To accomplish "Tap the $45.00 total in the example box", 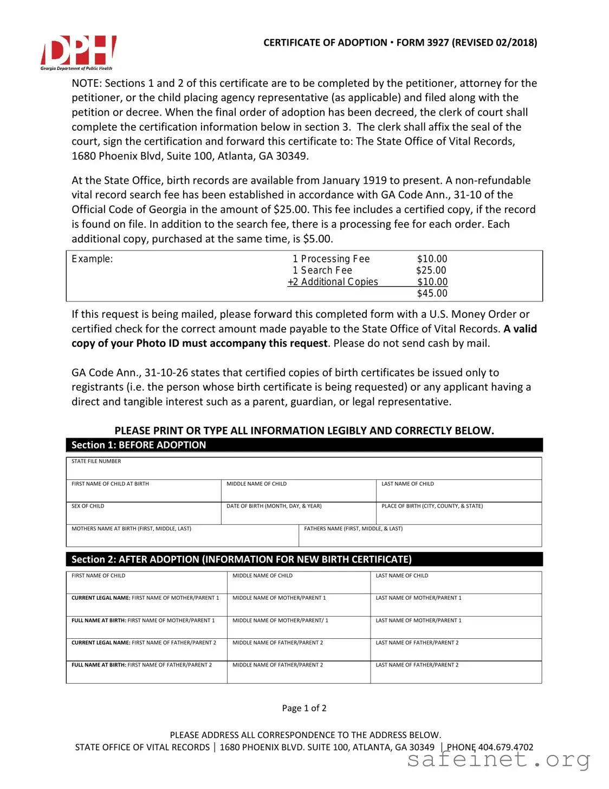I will point(432,293).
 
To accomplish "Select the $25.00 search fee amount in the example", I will point(431,270).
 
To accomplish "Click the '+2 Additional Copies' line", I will point(333,282).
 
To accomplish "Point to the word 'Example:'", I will point(92,259).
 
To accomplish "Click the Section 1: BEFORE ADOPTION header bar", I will point(304,445).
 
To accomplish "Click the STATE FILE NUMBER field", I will point(304,469).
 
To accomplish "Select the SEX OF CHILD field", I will point(143,514).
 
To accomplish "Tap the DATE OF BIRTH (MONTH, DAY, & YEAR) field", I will point(298,514).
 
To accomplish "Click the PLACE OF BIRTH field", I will point(458,514).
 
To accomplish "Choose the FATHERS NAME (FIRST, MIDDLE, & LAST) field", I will point(420,536).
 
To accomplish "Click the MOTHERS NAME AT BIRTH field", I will point(182,536).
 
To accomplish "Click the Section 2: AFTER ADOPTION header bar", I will point(304,559).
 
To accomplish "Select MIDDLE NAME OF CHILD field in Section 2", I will point(298,583).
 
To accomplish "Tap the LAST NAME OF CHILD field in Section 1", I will point(458,491).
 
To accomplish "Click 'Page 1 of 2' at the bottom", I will point(304,708).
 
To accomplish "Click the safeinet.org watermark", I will point(498,760).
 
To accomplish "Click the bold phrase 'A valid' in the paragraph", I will point(520,329).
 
